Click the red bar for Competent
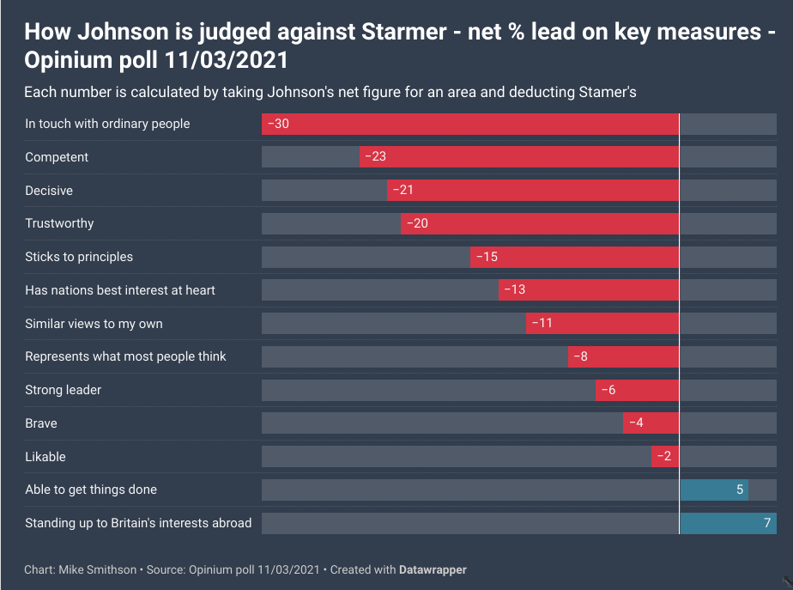(x=519, y=157)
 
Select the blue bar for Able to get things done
(x=713, y=490)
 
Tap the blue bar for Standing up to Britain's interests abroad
(x=728, y=523)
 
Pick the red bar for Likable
(x=665, y=457)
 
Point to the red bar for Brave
(x=651, y=423)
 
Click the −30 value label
(x=278, y=124)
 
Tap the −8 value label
(x=580, y=356)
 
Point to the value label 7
(x=767, y=523)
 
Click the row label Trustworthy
(x=59, y=223)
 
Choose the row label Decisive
(x=49, y=191)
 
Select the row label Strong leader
(x=63, y=390)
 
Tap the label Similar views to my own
(x=94, y=324)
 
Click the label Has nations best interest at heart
(x=120, y=290)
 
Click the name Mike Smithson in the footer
(x=97, y=569)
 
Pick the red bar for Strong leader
(x=637, y=390)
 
